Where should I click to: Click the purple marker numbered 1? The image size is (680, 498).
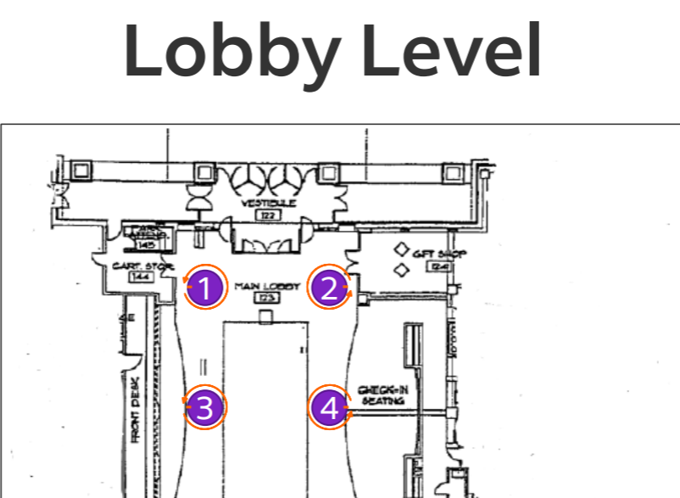tap(204, 288)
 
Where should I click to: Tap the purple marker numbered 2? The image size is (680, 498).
tap(329, 288)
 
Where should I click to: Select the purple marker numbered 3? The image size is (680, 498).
tap(204, 407)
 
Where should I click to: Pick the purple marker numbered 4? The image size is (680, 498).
tap(329, 408)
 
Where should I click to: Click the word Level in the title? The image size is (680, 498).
tap(459, 51)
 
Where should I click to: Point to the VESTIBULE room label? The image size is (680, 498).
tap(268, 204)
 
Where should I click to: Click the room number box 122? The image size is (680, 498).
tap(268, 216)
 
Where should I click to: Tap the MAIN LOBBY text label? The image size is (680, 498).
tap(267, 287)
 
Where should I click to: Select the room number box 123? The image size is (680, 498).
tap(267, 298)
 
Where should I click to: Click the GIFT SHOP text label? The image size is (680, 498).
tap(434, 254)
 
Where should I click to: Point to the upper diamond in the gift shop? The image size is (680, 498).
tap(401, 250)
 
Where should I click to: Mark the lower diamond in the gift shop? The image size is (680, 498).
tap(401, 270)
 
